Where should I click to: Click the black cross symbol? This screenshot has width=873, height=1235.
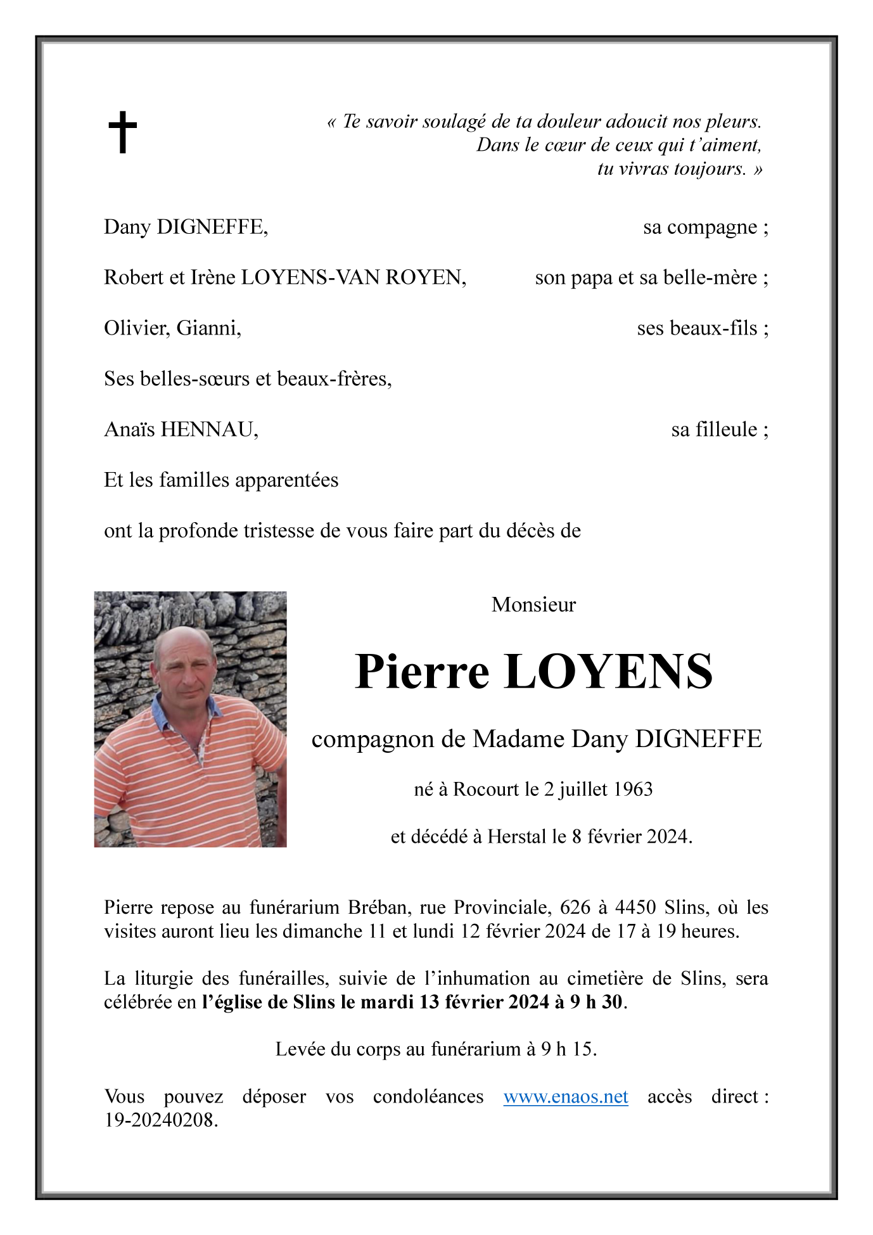click(122, 132)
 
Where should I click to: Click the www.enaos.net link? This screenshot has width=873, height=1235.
click(565, 1096)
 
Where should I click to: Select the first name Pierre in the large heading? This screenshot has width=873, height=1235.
click(422, 672)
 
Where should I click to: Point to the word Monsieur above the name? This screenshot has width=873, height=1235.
click(533, 605)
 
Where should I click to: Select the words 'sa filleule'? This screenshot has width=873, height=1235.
click(714, 430)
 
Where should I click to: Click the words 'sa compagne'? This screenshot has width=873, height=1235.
click(699, 227)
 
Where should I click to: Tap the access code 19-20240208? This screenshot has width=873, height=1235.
click(160, 1120)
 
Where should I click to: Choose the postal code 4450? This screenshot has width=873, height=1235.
click(635, 907)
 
